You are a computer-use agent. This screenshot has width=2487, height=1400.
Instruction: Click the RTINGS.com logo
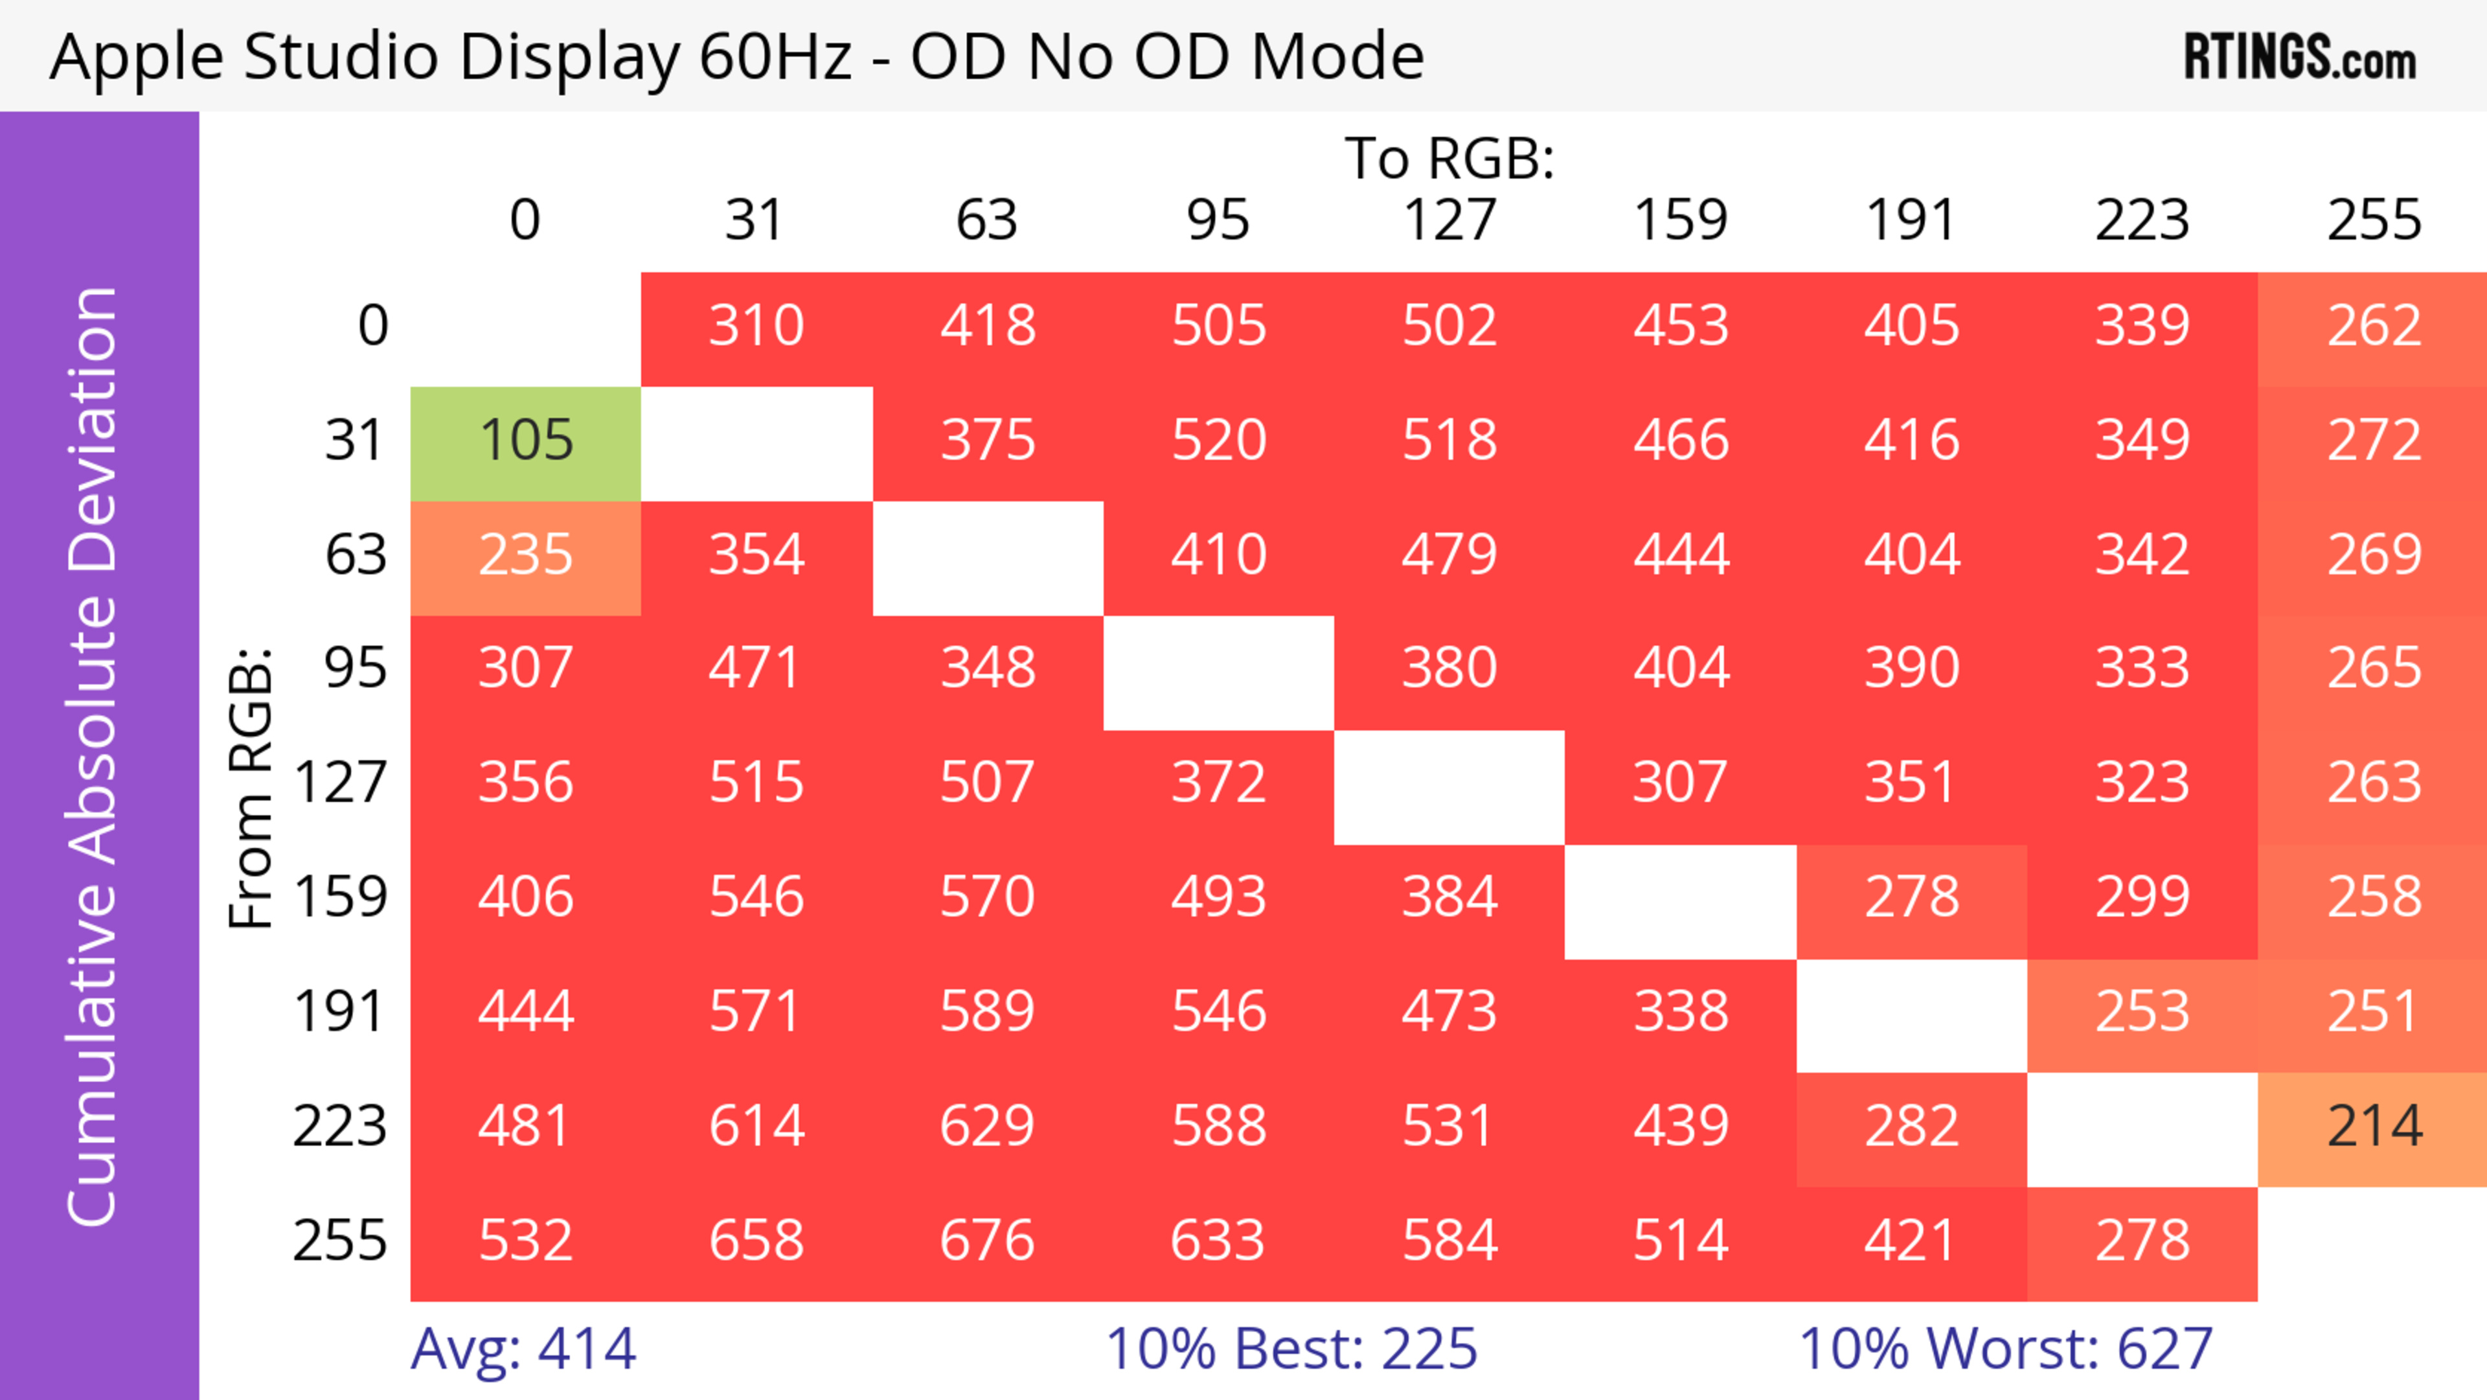point(2300,58)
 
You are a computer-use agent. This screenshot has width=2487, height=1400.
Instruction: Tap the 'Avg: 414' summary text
point(523,1349)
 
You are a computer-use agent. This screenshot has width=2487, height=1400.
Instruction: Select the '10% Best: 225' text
point(1291,1349)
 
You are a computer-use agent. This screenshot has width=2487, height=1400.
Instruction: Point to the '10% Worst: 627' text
point(2005,1349)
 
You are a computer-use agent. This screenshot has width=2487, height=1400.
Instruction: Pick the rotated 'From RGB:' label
point(251,787)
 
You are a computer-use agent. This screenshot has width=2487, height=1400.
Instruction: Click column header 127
point(1449,221)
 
